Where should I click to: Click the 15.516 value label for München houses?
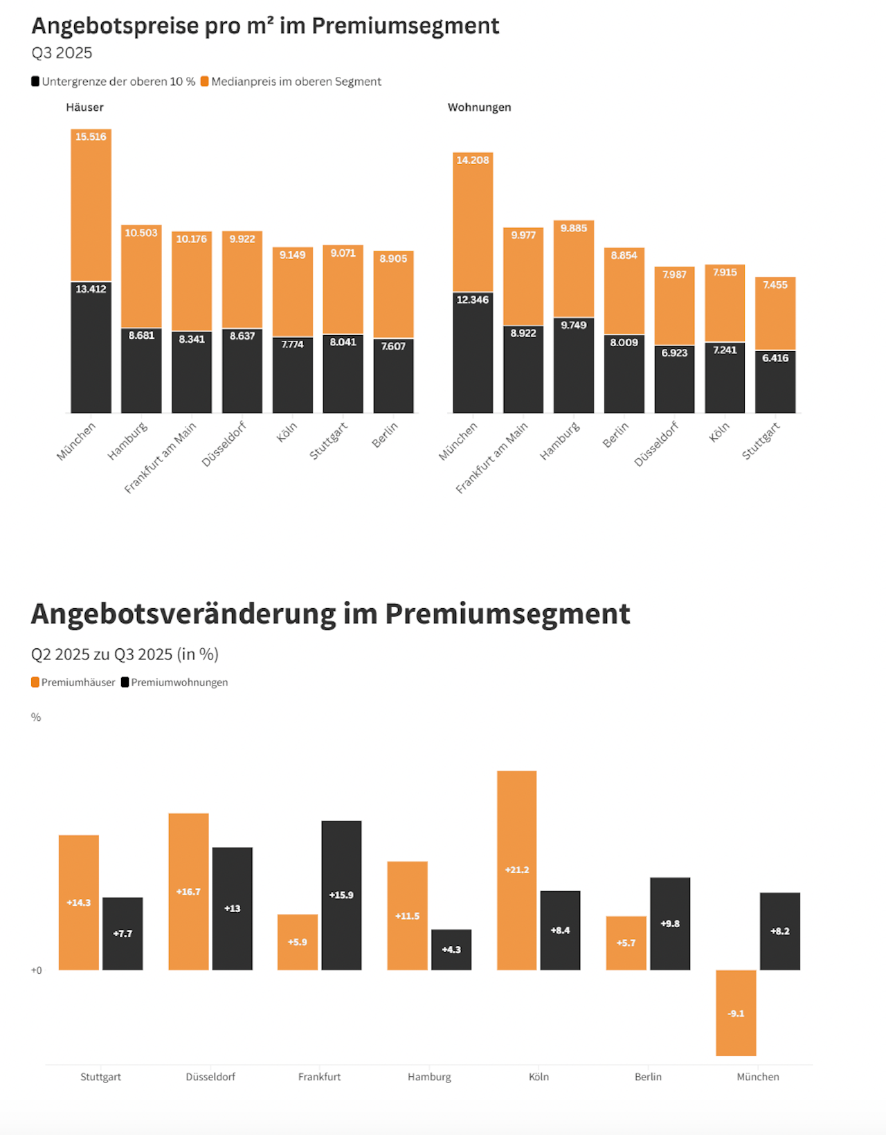click(91, 137)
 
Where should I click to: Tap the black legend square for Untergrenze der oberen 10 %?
click(35, 82)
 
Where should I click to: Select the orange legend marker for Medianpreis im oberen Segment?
click(205, 82)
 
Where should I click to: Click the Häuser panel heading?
click(84, 107)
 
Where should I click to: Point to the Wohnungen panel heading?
click(479, 107)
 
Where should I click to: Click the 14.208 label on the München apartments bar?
click(473, 161)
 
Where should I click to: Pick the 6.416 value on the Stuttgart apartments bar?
click(775, 358)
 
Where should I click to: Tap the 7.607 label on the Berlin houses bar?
click(393, 346)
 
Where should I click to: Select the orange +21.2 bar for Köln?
click(516, 870)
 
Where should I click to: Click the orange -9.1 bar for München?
click(736, 1012)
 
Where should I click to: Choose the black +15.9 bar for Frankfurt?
click(341, 895)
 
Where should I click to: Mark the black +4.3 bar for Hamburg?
click(451, 949)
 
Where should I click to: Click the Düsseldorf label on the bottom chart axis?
click(210, 1077)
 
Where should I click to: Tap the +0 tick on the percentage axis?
click(36, 970)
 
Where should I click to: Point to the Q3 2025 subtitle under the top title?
click(62, 53)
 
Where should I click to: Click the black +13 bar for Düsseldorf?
click(233, 908)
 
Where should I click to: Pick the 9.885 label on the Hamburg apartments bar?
click(574, 229)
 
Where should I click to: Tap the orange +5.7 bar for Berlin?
click(626, 942)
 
